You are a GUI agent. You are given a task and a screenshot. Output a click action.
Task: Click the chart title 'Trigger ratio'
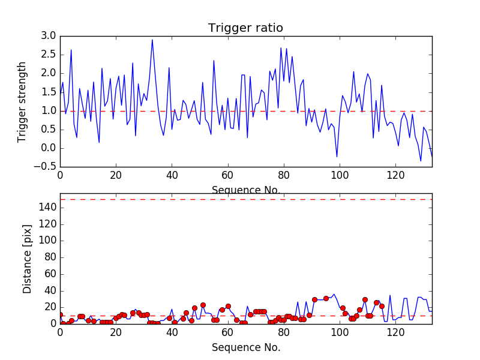click(x=245, y=28)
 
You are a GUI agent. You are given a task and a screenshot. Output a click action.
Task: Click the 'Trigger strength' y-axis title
click(x=22, y=101)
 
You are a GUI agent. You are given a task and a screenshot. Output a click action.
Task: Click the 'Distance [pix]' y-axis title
click(x=27, y=263)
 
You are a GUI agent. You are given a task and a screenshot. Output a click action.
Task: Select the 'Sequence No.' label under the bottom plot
click(x=245, y=347)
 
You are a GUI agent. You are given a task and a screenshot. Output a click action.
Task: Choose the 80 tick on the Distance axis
click(x=49, y=257)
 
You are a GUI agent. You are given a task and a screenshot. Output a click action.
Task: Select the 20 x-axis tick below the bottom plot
click(x=116, y=332)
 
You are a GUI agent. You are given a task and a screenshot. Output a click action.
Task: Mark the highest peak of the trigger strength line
click(x=152, y=40)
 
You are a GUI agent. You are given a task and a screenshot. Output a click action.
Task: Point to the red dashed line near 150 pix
click(x=245, y=199)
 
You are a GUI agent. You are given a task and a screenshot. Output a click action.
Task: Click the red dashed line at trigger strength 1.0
click(x=245, y=111)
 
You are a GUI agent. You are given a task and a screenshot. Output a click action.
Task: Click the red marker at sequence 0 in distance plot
click(x=60, y=315)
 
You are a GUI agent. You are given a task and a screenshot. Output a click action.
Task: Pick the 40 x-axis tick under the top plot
click(x=172, y=175)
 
